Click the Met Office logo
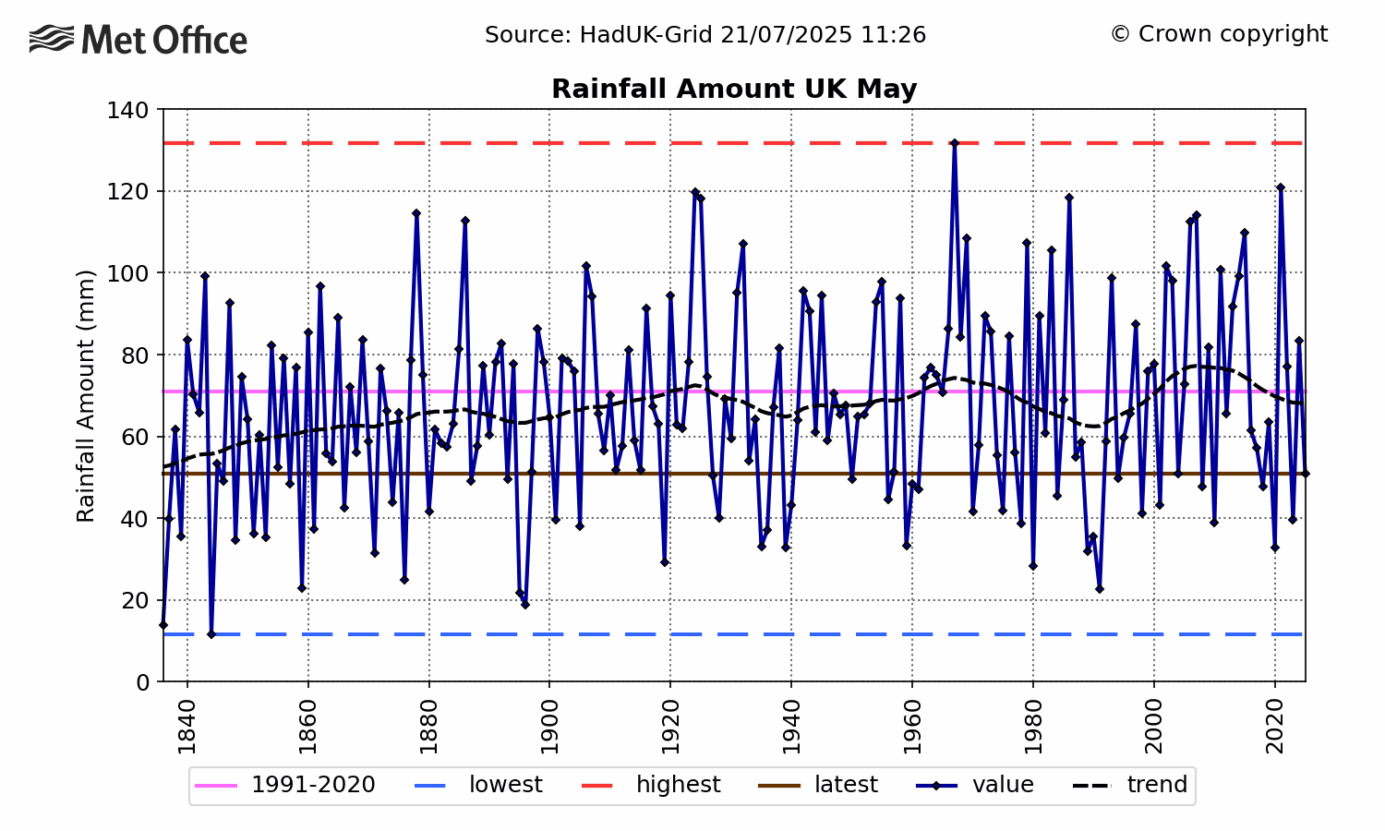pyautogui.click(x=138, y=41)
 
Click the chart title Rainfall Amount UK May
pyautogui.click(x=734, y=90)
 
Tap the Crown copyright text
pyautogui.click(x=1219, y=34)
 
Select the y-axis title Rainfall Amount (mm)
pyautogui.click(x=86, y=395)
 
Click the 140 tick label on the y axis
pyautogui.click(x=129, y=110)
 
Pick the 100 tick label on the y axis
pyautogui.click(x=129, y=273)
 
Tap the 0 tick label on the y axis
pyautogui.click(x=142, y=682)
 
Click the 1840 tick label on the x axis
pyautogui.click(x=187, y=727)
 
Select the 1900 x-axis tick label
pyautogui.click(x=549, y=727)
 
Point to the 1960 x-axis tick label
pyautogui.click(x=912, y=727)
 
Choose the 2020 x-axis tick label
pyautogui.click(x=1275, y=727)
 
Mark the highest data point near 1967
pyautogui.click(x=955, y=143)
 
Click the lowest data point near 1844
pyautogui.click(x=211, y=634)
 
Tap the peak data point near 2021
pyautogui.click(x=1281, y=187)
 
